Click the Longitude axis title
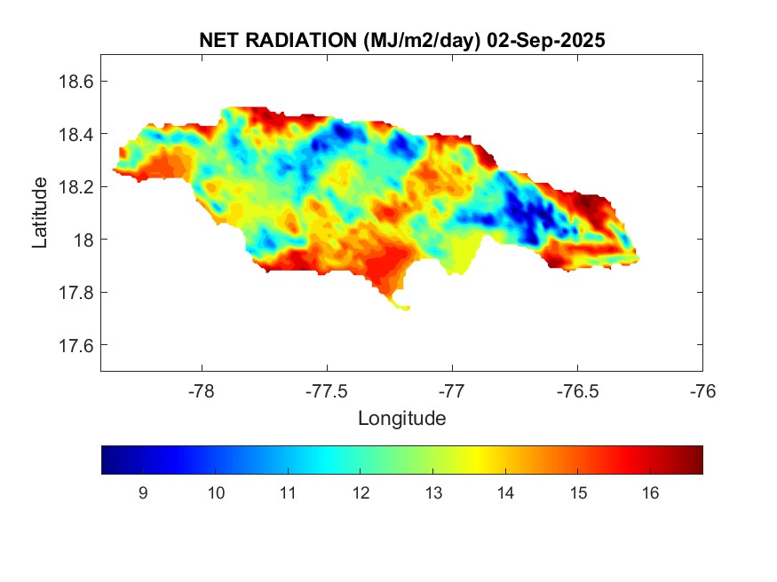click(x=401, y=417)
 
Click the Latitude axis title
click(x=41, y=212)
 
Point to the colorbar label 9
click(x=143, y=494)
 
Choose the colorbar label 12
click(x=360, y=494)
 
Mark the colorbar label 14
click(x=504, y=494)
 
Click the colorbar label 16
click(x=649, y=494)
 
